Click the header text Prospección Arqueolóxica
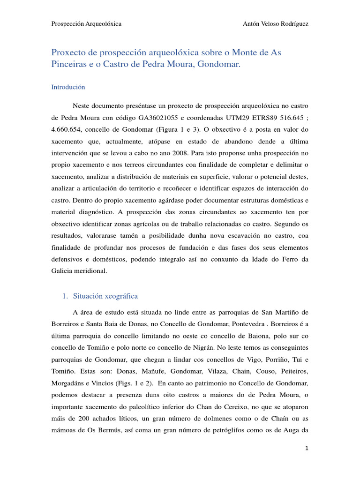tap(86, 24)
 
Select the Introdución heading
tap(68, 87)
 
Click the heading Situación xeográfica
tap(105, 296)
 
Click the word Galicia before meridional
tap(62, 271)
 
